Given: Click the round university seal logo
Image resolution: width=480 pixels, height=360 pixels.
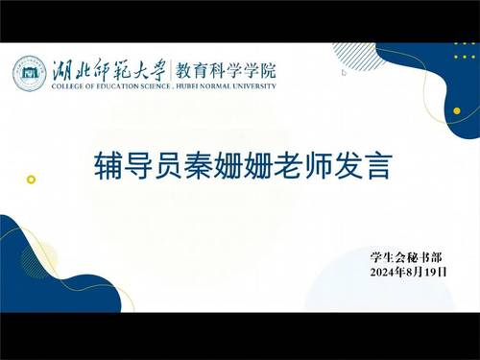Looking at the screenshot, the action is [30, 74].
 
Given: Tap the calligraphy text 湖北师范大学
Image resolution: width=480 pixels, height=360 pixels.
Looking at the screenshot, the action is [108, 70].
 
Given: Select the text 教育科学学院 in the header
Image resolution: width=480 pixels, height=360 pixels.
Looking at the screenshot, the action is [226, 70].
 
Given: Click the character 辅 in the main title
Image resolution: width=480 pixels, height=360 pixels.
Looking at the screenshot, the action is [108, 165].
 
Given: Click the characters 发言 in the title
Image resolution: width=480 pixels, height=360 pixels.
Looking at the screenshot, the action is [363, 165].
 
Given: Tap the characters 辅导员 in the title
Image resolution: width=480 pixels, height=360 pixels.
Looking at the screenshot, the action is [138, 165].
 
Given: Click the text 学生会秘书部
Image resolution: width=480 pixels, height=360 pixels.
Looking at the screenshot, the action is [406, 257].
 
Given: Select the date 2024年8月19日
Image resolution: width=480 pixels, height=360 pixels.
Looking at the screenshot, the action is [408, 272].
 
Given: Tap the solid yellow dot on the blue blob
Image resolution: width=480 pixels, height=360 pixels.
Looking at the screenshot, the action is [457, 110].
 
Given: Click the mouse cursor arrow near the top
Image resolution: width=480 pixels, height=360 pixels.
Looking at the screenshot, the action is [344, 72].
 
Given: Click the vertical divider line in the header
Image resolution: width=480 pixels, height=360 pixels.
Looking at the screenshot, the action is [171, 70].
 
